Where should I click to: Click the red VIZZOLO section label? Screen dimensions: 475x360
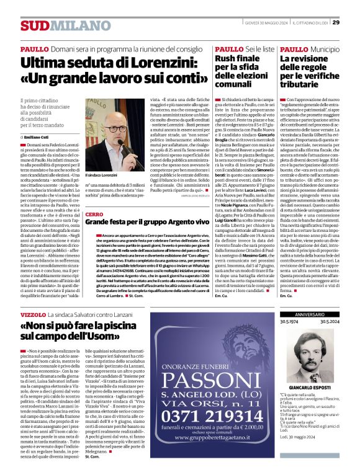pos(33,316)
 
